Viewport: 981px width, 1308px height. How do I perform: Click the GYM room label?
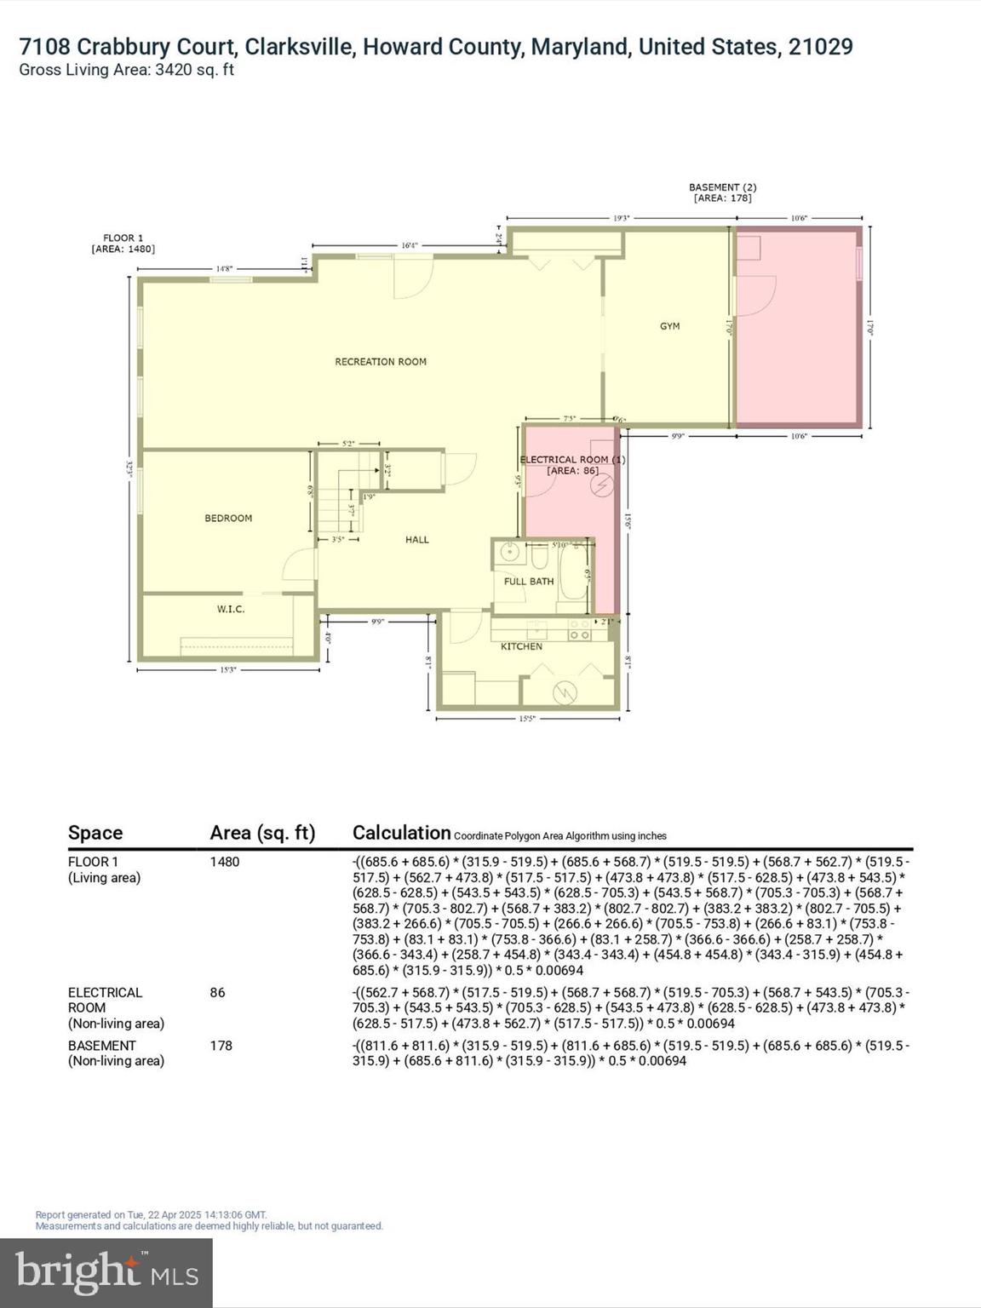669,326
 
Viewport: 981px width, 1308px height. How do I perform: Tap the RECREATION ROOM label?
381,362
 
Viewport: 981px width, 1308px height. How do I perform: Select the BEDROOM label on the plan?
228,518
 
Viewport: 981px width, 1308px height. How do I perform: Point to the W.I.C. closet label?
231,609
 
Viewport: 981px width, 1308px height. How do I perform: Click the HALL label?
417,539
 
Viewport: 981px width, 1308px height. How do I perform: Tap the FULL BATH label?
529,582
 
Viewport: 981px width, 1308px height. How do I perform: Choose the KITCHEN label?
521,646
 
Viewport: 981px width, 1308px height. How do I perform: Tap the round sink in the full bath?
510,553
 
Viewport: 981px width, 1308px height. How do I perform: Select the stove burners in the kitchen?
580,631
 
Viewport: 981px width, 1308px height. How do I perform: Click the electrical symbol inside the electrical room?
603,485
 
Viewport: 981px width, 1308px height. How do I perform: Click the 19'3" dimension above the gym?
622,219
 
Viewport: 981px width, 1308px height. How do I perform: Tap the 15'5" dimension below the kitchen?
528,720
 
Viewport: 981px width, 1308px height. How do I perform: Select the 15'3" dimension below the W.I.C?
228,670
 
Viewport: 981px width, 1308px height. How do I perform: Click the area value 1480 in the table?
225,862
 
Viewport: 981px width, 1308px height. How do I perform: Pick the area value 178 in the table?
221,1046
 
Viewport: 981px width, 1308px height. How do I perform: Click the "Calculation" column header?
401,833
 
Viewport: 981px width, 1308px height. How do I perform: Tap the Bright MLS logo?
106,1272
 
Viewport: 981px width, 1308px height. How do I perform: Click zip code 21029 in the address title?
820,47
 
